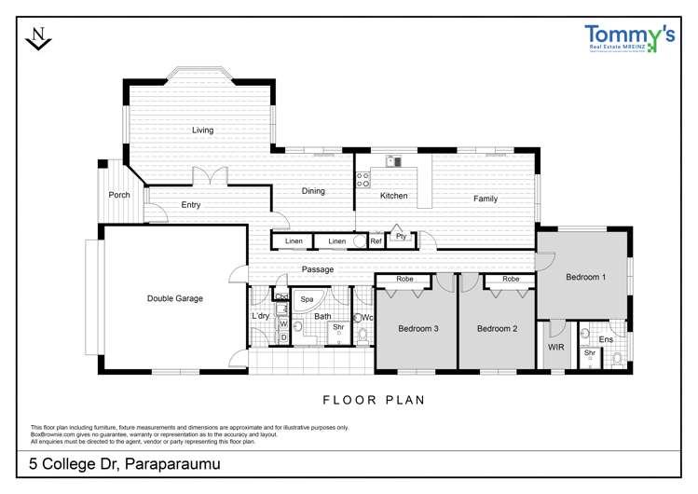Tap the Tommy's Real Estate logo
tap(629, 37)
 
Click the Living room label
tap(203, 130)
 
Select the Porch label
tap(119, 195)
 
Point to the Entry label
tap(191, 205)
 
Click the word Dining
tap(313, 191)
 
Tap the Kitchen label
tap(393, 196)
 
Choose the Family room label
tap(486, 199)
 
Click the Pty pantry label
tap(401, 237)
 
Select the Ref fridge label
tap(376, 241)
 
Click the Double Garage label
tap(175, 298)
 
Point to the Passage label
tap(317, 269)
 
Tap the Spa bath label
tap(307, 299)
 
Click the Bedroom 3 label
tap(418, 328)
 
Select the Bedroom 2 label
tap(497, 328)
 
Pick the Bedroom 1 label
tap(586, 277)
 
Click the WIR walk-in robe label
tap(556, 347)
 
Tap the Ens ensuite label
tap(606, 339)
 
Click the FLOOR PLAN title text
tap(374, 400)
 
